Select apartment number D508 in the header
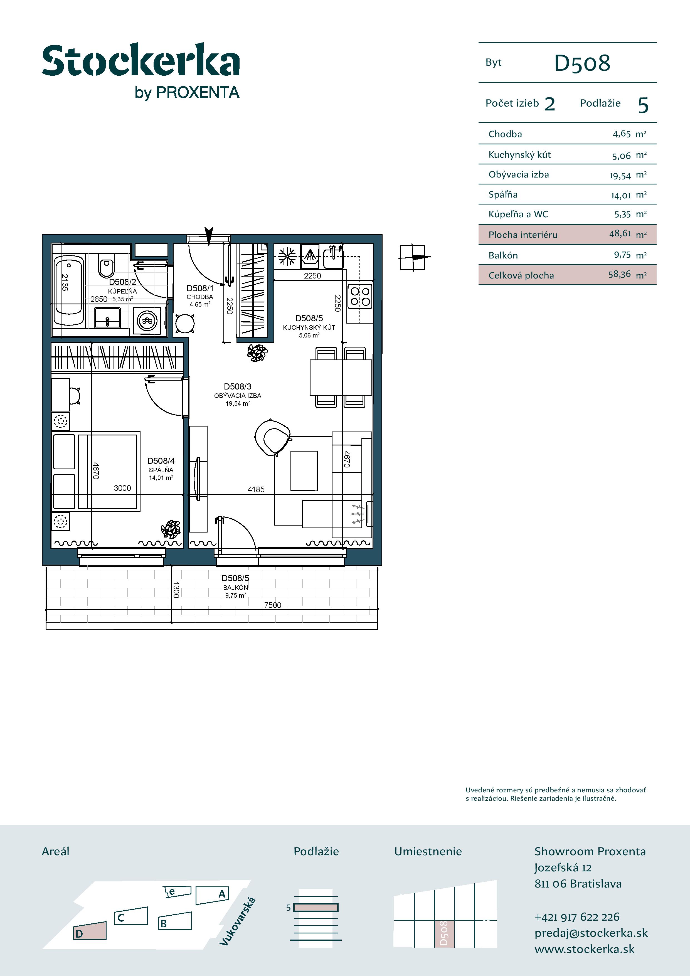point(582,63)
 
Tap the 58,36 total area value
point(619,274)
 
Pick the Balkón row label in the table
point(503,255)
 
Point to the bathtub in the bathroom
point(68,290)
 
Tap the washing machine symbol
point(147,321)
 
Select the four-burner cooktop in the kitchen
point(360,296)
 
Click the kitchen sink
point(334,257)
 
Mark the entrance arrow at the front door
point(208,236)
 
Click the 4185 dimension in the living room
point(256,489)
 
